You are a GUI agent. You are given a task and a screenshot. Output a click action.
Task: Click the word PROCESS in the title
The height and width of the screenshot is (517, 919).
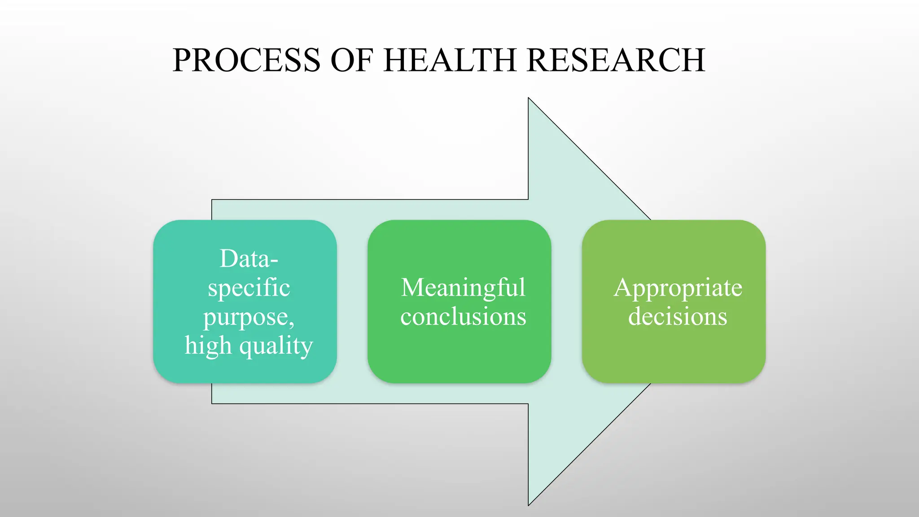(x=246, y=60)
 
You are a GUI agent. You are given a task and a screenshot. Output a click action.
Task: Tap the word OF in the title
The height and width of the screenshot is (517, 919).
(x=352, y=60)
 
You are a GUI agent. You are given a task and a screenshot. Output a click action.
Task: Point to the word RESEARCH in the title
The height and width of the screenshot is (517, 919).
(x=616, y=60)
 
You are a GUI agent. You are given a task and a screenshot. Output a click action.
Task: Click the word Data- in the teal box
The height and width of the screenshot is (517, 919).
(x=249, y=259)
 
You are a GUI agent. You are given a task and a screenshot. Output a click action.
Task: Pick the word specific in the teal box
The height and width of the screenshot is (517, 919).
(x=249, y=288)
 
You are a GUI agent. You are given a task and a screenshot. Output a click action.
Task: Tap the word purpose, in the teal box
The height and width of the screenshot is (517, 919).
(x=249, y=317)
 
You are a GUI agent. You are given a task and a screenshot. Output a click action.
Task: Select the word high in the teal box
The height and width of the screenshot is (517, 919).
(x=208, y=346)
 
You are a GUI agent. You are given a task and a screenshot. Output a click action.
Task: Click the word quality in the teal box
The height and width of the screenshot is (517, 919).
(x=276, y=346)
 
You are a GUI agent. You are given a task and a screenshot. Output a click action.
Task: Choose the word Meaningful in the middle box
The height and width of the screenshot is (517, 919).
(x=463, y=288)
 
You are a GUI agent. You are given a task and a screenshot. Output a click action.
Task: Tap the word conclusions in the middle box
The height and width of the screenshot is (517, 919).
(x=463, y=317)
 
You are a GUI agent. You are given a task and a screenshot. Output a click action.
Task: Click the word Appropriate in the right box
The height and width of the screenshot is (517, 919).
(x=678, y=288)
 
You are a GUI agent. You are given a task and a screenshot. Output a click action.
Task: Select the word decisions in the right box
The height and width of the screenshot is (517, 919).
(x=678, y=317)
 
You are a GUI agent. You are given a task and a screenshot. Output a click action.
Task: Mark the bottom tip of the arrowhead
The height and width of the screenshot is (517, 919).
(x=529, y=504)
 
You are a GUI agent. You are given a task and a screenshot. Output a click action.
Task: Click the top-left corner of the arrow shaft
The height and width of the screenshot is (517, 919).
(x=212, y=200)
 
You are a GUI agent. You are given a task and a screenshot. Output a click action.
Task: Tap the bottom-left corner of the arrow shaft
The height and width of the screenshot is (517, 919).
(x=212, y=403)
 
